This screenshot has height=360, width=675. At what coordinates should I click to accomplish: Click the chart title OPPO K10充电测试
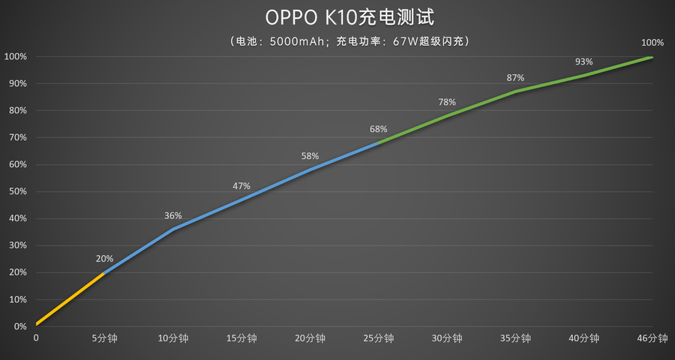click(338, 17)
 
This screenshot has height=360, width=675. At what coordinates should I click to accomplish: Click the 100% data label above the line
click(652, 42)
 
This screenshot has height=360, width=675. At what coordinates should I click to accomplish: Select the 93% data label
click(583, 61)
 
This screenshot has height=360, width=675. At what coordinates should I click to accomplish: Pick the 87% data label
click(515, 78)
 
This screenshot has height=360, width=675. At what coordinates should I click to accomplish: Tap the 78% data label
click(447, 102)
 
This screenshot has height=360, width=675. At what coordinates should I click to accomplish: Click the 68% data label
click(379, 129)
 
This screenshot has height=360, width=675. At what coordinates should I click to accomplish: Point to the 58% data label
click(310, 156)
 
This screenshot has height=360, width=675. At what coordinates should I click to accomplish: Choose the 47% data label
click(241, 186)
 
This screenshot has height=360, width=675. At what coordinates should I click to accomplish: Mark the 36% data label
click(173, 216)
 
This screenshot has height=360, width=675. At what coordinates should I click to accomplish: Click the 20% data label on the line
click(105, 259)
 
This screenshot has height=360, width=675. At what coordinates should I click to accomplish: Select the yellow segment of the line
click(70, 299)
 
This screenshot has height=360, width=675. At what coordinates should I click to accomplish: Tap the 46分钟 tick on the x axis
click(652, 339)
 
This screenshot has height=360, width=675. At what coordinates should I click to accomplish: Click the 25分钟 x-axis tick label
click(379, 339)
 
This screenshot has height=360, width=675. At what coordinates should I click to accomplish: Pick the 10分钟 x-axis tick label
click(173, 339)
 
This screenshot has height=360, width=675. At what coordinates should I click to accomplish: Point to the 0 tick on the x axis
click(36, 339)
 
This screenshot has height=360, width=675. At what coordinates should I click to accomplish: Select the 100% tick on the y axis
click(16, 57)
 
